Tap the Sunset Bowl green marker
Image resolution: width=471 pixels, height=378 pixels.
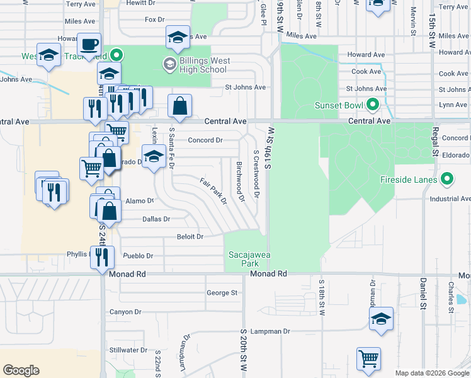tap(373, 104)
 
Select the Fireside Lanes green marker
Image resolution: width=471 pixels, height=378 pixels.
tap(448, 180)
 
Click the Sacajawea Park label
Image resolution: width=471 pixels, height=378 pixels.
tap(246, 258)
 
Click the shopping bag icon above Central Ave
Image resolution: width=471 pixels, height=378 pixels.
tap(180, 107)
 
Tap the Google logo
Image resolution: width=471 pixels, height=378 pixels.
tap(21, 370)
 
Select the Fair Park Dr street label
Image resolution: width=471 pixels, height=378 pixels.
tap(213, 192)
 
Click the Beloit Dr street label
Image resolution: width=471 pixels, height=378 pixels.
tap(190, 237)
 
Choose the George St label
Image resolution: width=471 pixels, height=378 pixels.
tap(222, 293)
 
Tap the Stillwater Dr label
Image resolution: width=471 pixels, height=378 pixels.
tap(128, 350)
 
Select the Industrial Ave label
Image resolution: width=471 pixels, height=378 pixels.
tap(450, 199)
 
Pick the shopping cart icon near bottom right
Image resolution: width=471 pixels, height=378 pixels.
tap(368, 359)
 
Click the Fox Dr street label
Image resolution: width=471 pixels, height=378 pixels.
tap(154, 20)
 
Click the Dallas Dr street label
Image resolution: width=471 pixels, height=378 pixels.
tap(157, 219)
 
